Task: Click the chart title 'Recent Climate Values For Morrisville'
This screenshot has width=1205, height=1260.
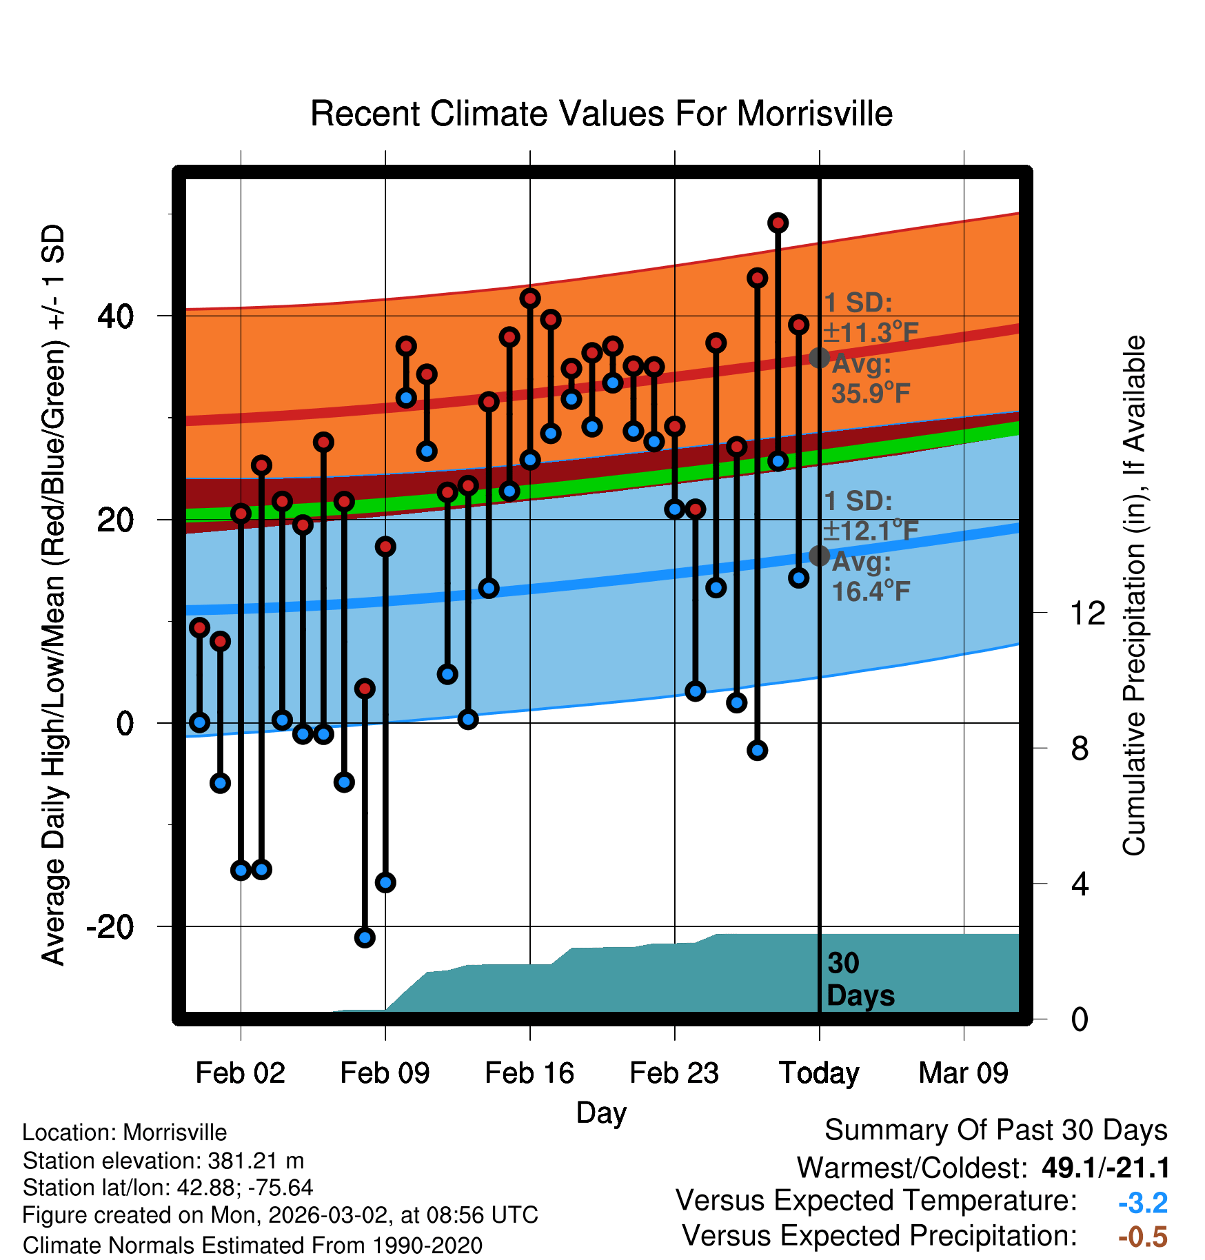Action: point(601,114)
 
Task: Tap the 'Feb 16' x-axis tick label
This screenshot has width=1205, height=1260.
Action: point(529,1073)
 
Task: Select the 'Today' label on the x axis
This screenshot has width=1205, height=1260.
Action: point(819,1073)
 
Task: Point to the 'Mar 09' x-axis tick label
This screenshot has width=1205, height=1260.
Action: point(963,1073)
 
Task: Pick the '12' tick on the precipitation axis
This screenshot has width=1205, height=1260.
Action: point(1087,613)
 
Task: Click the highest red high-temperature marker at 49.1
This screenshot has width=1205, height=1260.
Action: point(778,223)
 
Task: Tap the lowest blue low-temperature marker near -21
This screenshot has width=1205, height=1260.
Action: point(365,937)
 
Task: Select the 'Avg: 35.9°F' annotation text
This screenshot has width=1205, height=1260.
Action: point(870,378)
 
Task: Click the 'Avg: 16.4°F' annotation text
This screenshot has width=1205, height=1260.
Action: point(870,576)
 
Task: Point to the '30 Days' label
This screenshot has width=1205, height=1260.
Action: point(860,979)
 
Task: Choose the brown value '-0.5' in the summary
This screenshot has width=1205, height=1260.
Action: point(1143,1237)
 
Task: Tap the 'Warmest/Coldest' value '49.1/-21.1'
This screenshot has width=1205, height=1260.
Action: point(1106,1168)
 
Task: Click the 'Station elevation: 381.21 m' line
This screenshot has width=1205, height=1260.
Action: point(163,1161)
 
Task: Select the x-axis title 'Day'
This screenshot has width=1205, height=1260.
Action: point(601,1112)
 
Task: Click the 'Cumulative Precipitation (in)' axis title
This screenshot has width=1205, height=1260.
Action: point(1133,596)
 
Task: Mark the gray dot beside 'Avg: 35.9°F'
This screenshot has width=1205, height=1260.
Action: point(819,358)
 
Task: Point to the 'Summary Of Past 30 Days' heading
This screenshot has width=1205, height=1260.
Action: point(995,1130)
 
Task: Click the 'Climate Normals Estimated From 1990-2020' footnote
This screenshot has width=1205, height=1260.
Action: point(252,1246)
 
